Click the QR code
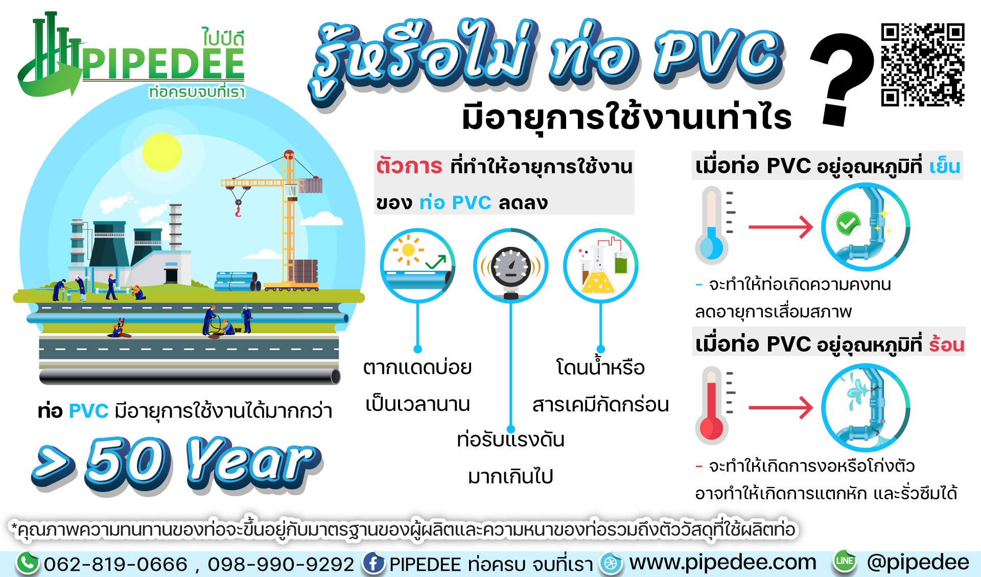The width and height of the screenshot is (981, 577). point(922,64)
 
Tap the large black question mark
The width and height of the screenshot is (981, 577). point(842,79)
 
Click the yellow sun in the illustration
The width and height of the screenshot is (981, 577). point(161,152)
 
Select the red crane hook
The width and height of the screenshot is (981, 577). point(238,209)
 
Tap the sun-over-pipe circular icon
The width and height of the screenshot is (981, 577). point(417,265)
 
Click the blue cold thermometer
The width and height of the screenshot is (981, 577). point(711,224)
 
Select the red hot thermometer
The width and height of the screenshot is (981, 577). point(711,405)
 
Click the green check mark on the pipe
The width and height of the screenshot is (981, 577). point(848,223)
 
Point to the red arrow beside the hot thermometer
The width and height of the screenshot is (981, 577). point(780,407)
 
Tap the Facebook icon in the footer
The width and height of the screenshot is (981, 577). point(373,563)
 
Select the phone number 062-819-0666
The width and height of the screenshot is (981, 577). point(115,564)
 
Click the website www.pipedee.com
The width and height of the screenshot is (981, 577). point(722,562)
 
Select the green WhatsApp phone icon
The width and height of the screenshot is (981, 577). point(28,563)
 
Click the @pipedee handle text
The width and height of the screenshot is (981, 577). point(918,562)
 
